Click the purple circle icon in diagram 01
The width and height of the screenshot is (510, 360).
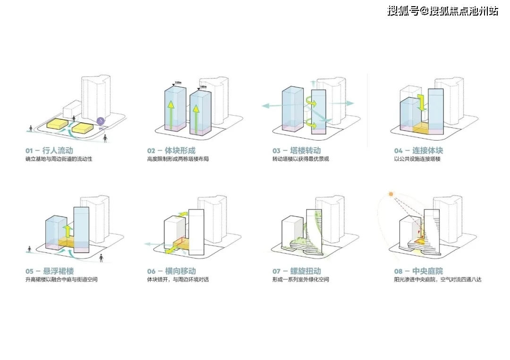click(101, 121)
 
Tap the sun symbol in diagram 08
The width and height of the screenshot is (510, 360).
click(391, 194)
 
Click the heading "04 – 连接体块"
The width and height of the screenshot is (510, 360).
click(419, 151)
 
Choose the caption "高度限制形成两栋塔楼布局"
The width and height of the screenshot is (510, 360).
click(178, 159)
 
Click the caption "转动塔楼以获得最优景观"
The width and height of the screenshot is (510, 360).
click(300, 159)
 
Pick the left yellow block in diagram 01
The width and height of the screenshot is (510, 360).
click(56, 124)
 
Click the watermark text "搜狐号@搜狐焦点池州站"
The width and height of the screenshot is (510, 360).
click(442, 10)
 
